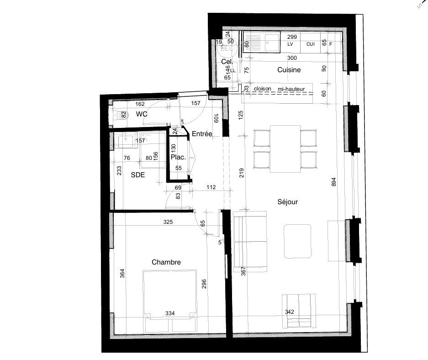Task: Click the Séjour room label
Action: pos(287,201)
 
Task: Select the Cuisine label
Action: pos(289,70)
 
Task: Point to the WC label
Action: pos(142,114)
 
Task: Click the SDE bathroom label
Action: pos(138,175)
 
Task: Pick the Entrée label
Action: pos(201,134)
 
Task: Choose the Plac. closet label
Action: pos(178,157)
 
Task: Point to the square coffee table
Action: pos(297,241)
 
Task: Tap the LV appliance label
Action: pos(290,44)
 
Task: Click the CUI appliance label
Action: pos(311,44)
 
